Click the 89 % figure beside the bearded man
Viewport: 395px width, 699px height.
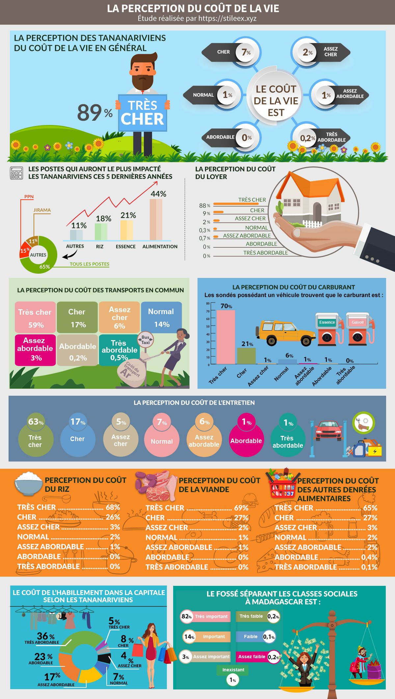[x=95, y=112]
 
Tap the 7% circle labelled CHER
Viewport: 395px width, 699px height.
[x=246, y=52]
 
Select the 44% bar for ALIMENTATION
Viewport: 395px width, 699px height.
[x=156, y=219]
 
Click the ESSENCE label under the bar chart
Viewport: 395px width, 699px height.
[x=126, y=246]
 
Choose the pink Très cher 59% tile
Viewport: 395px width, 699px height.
[x=35, y=317]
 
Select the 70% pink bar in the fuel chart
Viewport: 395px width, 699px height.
[x=225, y=337]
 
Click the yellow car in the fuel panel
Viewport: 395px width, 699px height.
[x=285, y=332]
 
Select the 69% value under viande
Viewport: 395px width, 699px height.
[x=241, y=508]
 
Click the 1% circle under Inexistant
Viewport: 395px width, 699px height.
[x=233, y=680]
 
